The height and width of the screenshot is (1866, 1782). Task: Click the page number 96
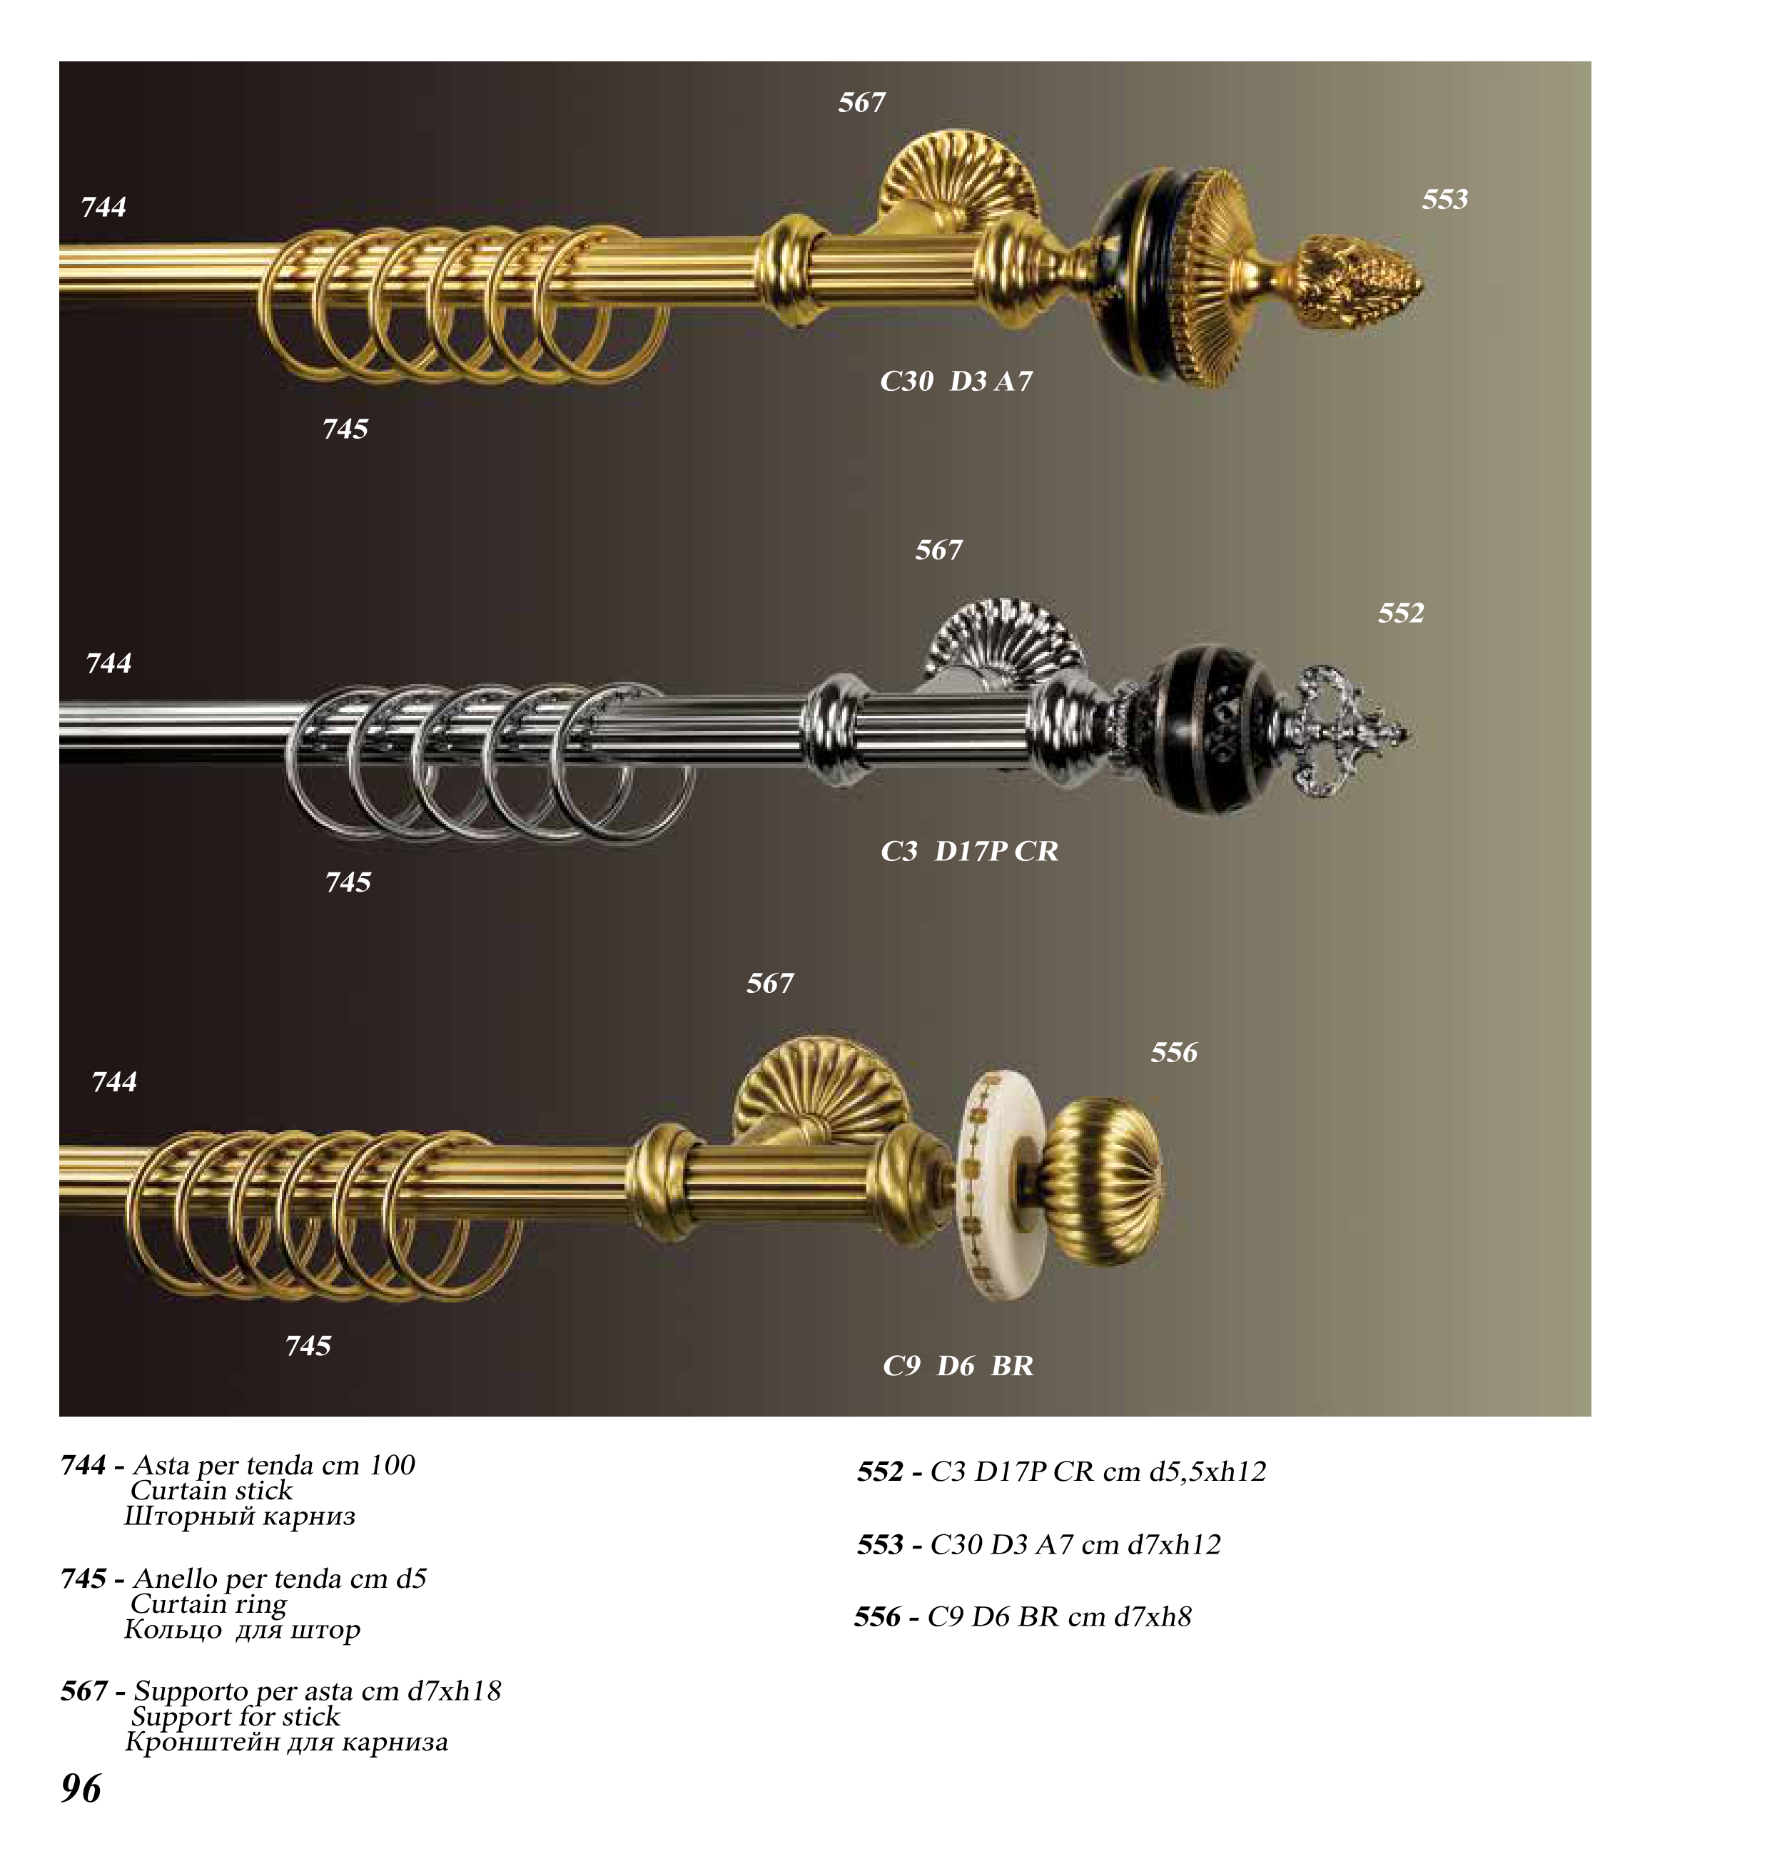click(81, 1789)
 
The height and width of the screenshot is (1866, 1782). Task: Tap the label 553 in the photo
click(1444, 200)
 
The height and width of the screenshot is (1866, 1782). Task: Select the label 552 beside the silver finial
click(1401, 613)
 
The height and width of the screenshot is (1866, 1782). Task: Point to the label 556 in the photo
click(1174, 1052)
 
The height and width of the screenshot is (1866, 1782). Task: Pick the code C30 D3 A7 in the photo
click(956, 382)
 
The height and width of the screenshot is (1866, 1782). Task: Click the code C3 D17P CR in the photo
click(969, 852)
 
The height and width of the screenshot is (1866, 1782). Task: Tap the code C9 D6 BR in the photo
click(958, 1367)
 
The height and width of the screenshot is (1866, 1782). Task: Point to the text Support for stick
click(236, 1717)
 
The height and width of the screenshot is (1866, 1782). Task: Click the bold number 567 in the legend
click(83, 1691)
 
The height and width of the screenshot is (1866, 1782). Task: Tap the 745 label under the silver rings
click(348, 883)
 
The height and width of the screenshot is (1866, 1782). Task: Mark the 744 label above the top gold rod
click(103, 207)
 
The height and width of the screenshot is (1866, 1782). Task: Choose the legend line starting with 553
click(1038, 1545)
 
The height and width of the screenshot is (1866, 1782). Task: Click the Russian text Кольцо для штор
click(242, 1631)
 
